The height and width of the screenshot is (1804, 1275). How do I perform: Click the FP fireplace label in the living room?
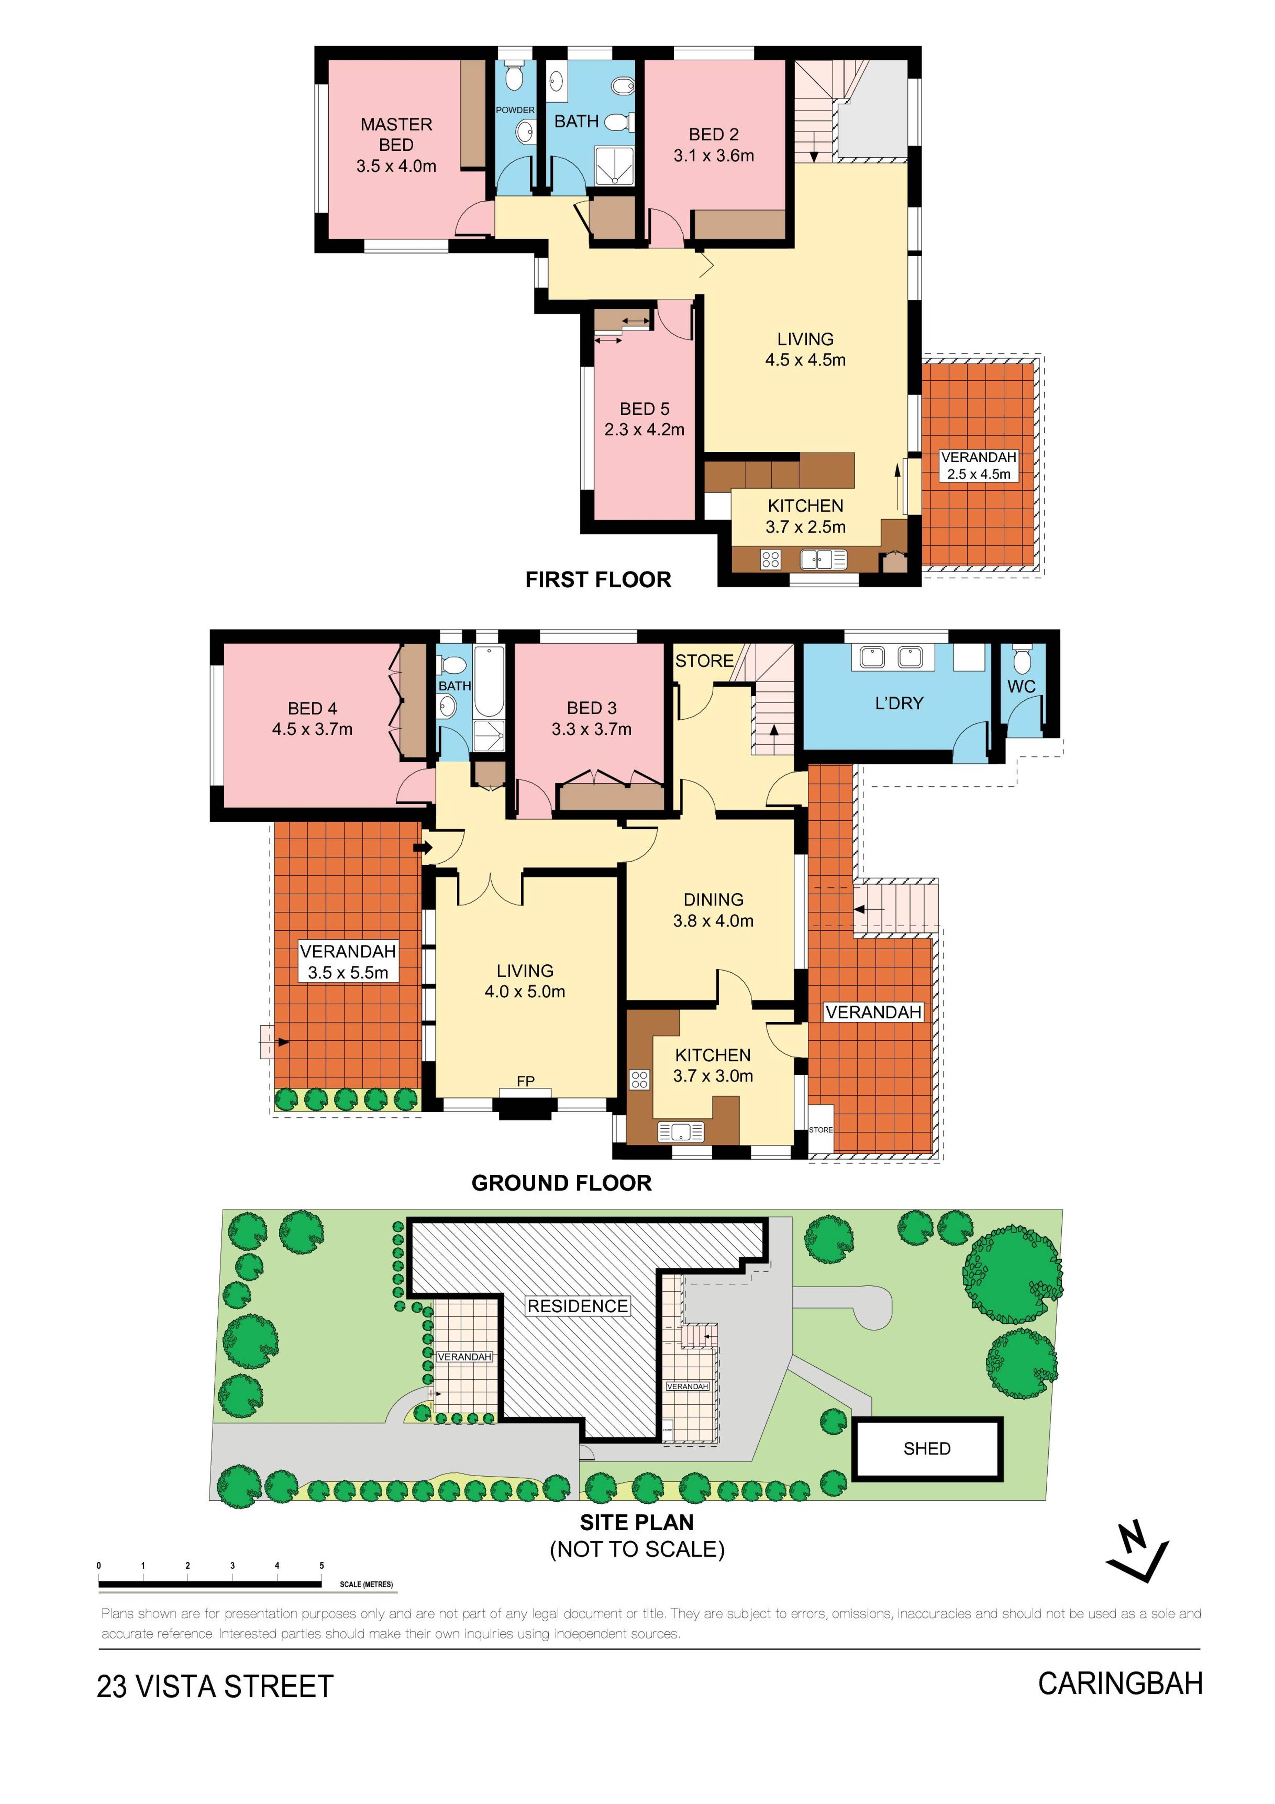pos(526,1081)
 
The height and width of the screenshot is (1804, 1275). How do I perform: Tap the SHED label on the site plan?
pos(927,1448)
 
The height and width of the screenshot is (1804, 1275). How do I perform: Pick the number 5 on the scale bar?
pos(321,1565)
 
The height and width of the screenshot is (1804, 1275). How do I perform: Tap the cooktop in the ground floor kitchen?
pos(639,1080)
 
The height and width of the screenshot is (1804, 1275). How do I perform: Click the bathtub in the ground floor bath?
pos(488,681)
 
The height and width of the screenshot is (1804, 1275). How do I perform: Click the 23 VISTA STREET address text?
pos(215,1686)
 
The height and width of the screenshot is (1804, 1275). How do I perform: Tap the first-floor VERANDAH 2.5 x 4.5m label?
pos(979,465)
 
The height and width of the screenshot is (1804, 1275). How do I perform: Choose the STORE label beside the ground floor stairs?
pos(704,661)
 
